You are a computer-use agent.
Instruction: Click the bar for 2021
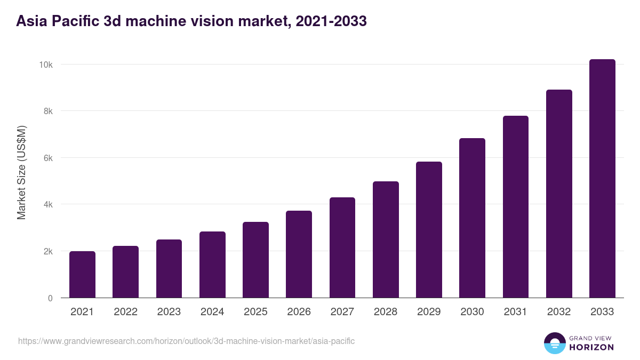pos(82,275)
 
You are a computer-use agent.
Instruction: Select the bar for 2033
pos(602,179)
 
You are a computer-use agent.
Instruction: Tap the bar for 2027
pos(342,247)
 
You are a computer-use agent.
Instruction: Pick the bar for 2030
pos(472,218)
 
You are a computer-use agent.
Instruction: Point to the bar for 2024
pos(212,265)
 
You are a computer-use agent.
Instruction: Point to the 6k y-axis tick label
pos(47,158)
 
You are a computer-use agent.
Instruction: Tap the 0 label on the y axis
pos(50,298)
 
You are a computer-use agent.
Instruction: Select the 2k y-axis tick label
pos(47,251)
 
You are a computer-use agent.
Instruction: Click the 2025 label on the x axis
pos(255,312)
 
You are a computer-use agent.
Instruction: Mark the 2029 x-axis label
pos(429,312)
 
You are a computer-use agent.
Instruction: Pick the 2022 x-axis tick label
pos(125,312)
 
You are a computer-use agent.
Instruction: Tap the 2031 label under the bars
pos(516,312)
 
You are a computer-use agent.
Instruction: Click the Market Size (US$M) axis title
pos(21,172)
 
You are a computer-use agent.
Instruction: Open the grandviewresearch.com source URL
pos(186,341)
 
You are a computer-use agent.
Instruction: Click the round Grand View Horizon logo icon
pos(555,343)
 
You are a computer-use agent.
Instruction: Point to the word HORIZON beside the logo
pos(591,347)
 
